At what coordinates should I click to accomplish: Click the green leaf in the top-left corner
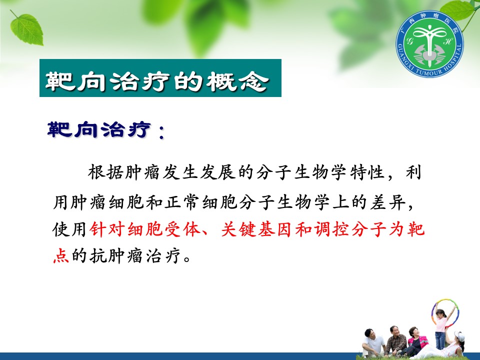[27, 29]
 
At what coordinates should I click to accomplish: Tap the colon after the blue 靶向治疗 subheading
[161, 132]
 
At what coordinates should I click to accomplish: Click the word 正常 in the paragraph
[182, 201]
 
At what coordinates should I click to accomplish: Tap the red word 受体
[182, 229]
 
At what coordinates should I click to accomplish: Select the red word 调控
[332, 229]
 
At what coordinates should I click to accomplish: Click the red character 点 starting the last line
[61, 255]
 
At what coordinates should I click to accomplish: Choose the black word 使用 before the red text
[70, 229]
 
